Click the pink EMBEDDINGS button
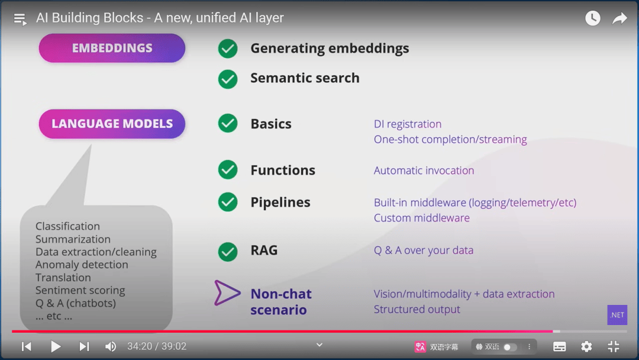(x=112, y=48)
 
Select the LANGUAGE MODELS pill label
(x=112, y=124)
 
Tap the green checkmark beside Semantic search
(x=228, y=79)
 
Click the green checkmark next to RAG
(x=228, y=251)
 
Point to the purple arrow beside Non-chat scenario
(x=227, y=293)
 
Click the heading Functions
(x=283, y=171)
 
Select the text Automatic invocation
(x=424, y=171)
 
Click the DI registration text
(x=408, y=124)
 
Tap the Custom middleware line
(x=422, y=218)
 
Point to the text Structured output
(x=417, y=309)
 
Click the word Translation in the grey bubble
(x=63, y=278)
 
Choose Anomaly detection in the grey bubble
(x=82, y=265)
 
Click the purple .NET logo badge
(x=617, y=315)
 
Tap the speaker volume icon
(x=111, y=346)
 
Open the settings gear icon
(x=586, y=346)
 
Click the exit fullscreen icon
(x=614, y=346)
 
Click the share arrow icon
(x=619, y=18)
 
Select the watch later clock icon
(x=593, y=18)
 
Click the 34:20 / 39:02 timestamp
(x=157, y=346)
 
